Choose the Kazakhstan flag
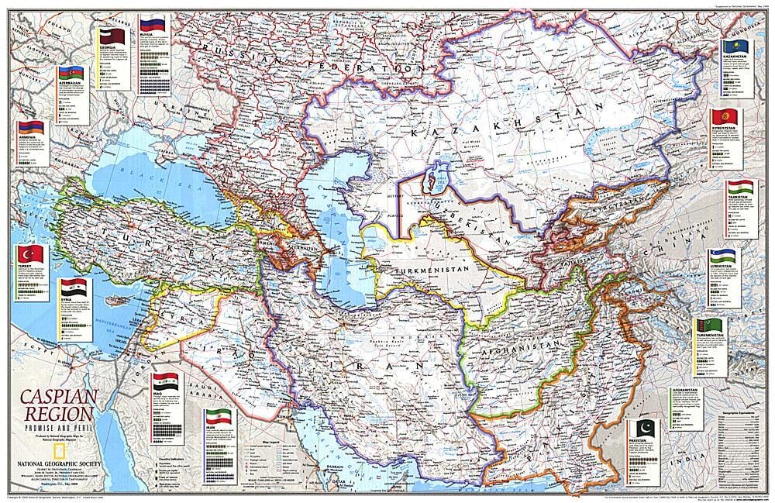coord(735,49)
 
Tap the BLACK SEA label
coord(143,167)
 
